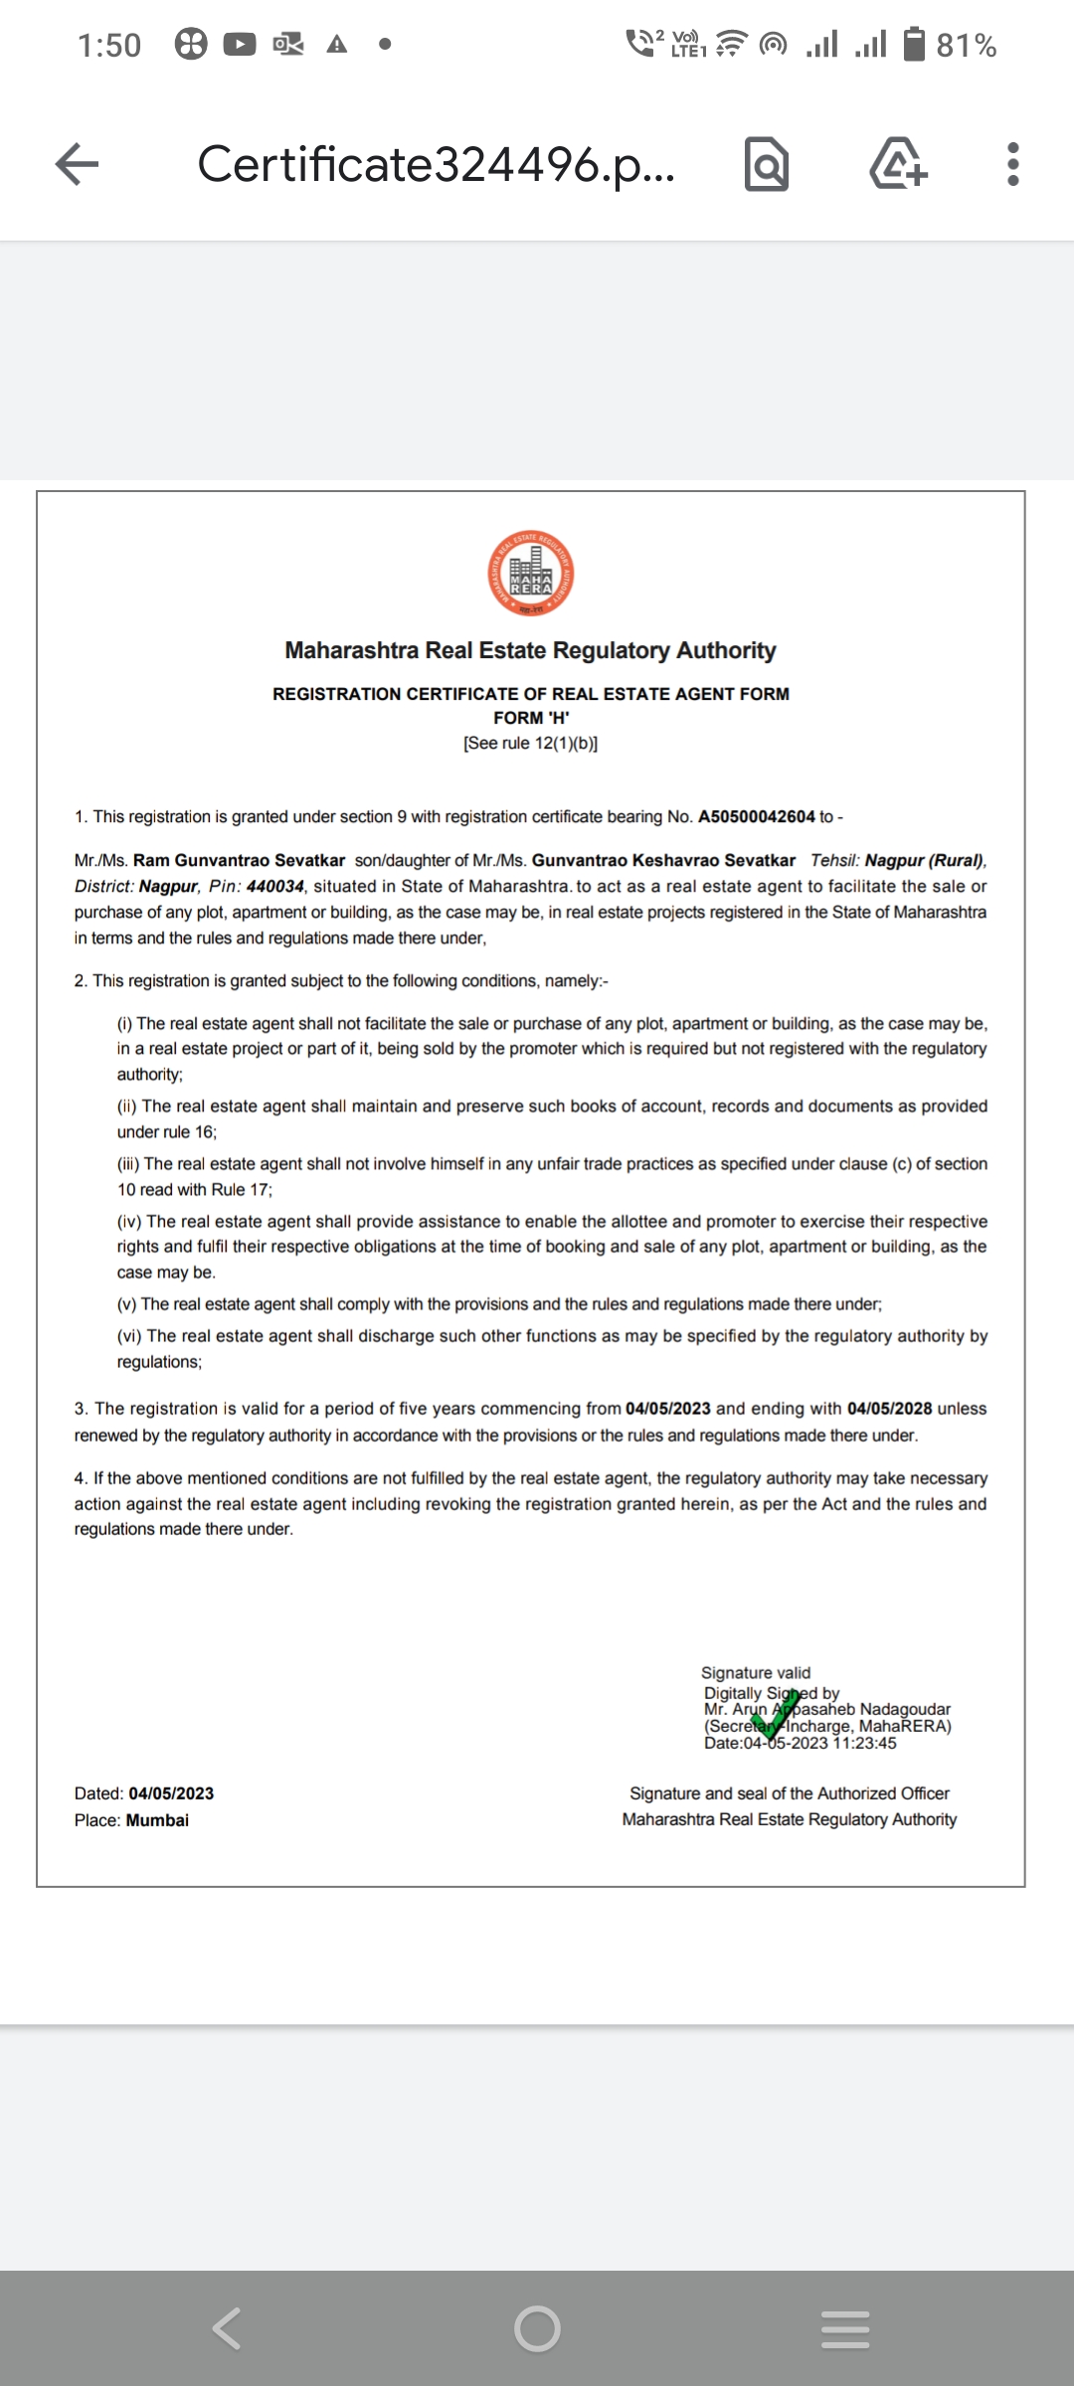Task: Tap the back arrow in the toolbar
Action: click(78, 164)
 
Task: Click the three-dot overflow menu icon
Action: click(1012, 164)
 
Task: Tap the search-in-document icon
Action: click(767, 165)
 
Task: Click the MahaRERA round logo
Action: click(531, 574)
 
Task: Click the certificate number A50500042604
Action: click(756, 816)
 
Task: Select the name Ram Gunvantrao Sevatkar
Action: click(239, 860)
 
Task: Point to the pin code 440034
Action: click(274, 886)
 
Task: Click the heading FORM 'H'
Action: click(531, 718)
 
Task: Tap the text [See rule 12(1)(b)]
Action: click(531, 744)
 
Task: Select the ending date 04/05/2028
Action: click(889, 1409)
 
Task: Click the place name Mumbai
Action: click(157, 1820)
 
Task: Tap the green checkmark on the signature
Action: click(776, 1712)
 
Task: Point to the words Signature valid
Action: click(756, 1673)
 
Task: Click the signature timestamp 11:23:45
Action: click(864, 1743)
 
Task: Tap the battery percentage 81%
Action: click(966, 45)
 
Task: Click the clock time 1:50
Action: click(109, 45)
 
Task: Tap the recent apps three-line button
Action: click(845, 2329)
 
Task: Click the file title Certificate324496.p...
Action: click(436, 164)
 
